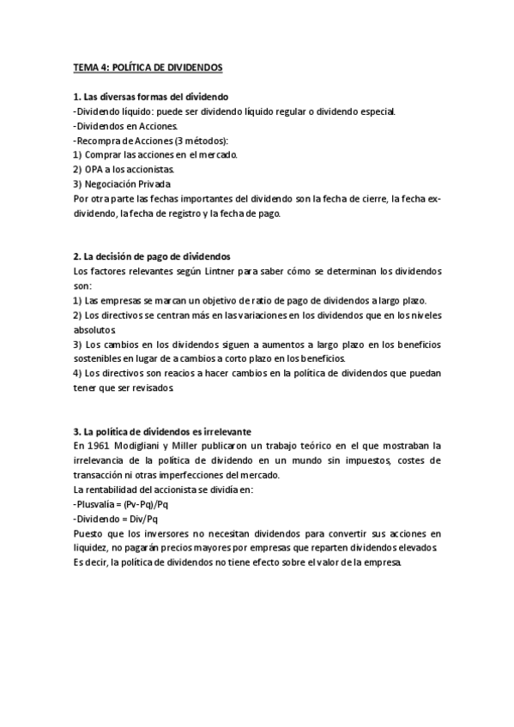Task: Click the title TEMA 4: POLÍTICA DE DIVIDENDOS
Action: pos(147,67)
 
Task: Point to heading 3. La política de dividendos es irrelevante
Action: pos(163,430)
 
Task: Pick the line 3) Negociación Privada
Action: pos(122,183)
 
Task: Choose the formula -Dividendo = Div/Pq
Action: pos(116,518)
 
